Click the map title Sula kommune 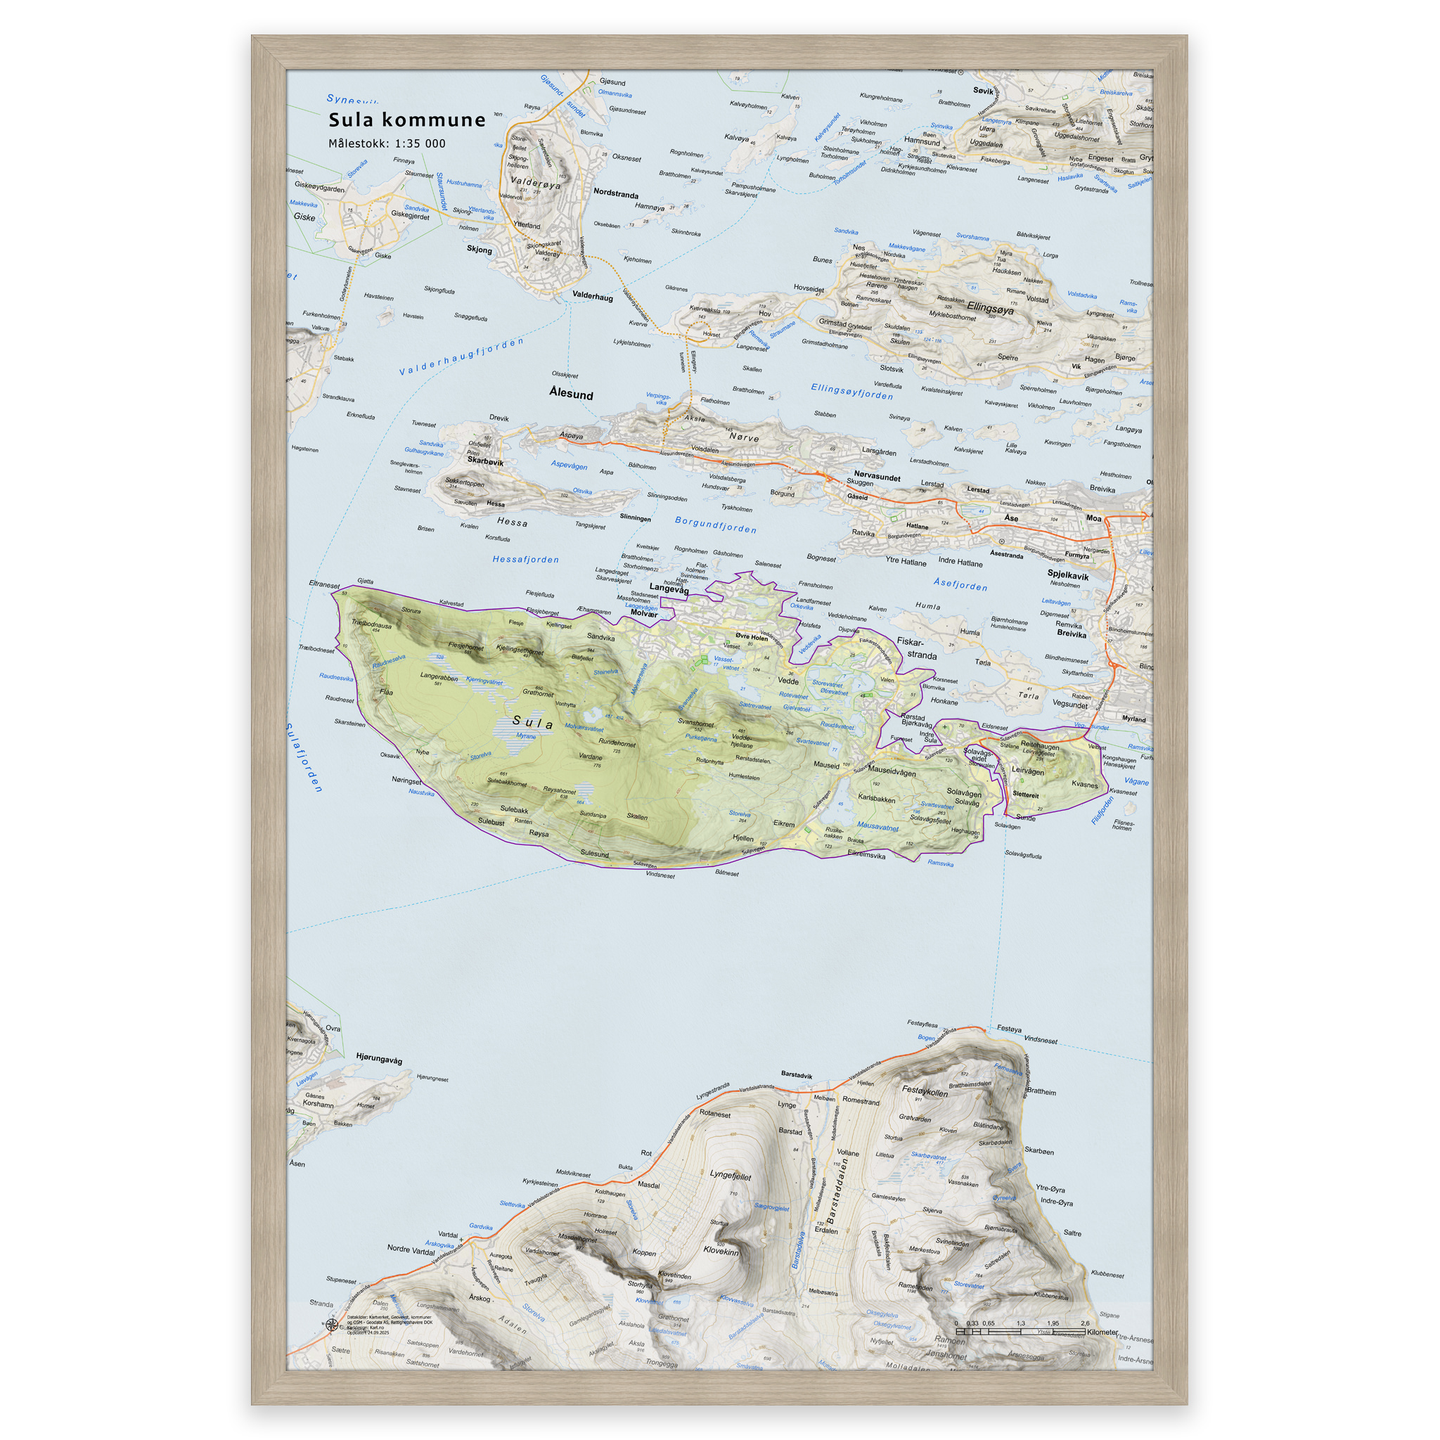[x=407, y=120]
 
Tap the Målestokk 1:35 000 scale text [x=387, y=144]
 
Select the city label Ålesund [x=571, y=394]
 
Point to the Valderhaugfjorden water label [x=461, y=356]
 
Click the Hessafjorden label [x=525, y=559]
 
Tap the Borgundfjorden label [x=716, y=525]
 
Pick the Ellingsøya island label [x=990, y=308]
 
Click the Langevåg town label [x=669, y=588]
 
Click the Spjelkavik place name [x=1067, y=575]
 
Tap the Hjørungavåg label [x=379, y=1058]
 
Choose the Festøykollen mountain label [x=925, y=1091]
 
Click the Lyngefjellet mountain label [x=731, y=1176]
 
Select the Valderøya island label [x=535, y=183]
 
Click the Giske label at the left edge [x=304, y=217]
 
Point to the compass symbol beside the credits [x=332, y=1325]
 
